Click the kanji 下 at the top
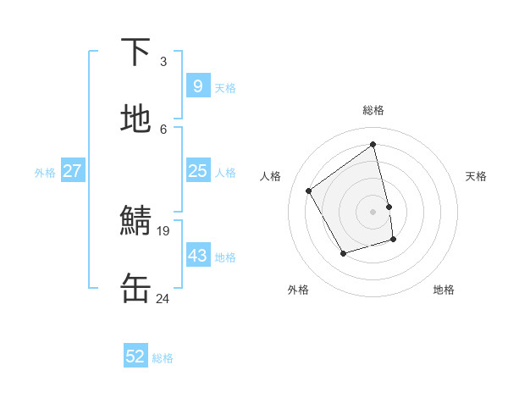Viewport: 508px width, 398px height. coord(136,53)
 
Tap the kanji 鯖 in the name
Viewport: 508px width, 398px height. coord(136,222)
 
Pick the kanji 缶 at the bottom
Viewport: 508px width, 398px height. coord(136,289)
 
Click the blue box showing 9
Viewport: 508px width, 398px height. coord(197,86)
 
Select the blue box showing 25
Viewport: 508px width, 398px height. coord(197,171)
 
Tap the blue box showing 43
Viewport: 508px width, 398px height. coord(197,255)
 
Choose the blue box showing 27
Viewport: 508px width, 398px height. coord(73,171)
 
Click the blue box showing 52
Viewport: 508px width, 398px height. coord(135,357)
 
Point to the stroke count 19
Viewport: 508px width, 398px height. coord(163,229)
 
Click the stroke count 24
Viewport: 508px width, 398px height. coord(163,298)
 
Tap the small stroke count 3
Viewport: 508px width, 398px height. coord(163,61)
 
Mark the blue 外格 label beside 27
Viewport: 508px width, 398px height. coord(45,173)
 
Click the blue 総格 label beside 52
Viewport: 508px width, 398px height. coord(163,358)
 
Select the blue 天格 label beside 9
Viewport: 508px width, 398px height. coord(225,88)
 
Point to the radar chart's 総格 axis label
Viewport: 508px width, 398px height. coord(373,110)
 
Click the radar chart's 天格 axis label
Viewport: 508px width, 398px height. coord(476,176)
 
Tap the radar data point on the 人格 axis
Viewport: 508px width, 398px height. coord(309,191)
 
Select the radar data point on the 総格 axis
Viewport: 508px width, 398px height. coord(373,144)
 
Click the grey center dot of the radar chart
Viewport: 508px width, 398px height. coord(373,212)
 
